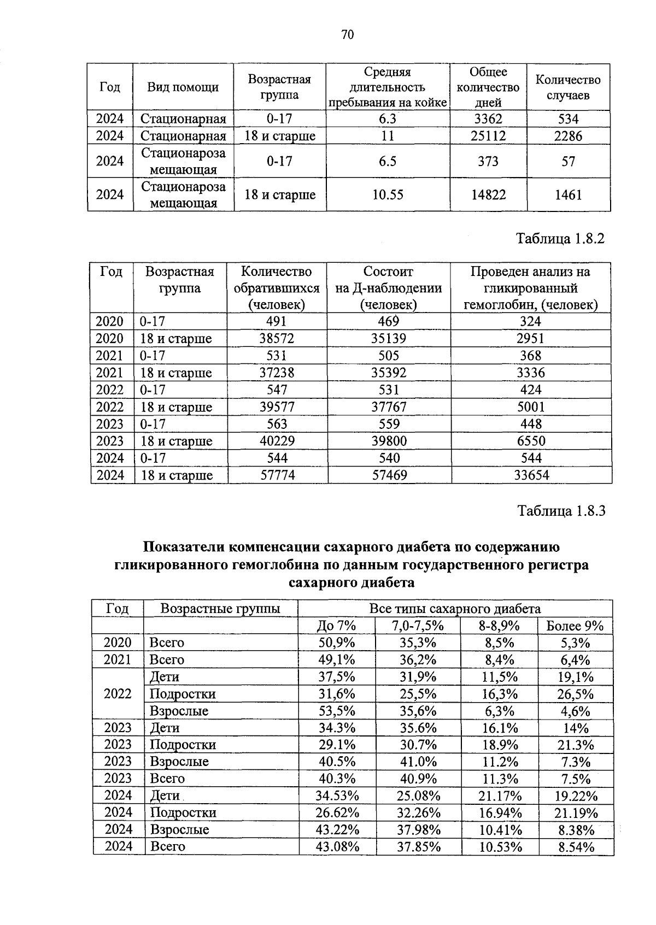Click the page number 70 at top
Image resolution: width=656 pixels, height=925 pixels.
click(x=348, y=35)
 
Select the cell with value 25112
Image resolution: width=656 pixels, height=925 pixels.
click(x=488, y=136)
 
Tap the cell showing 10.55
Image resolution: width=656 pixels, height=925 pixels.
click(x=388, y=195)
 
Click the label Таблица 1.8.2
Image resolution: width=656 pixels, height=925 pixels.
click(x=561, y=239)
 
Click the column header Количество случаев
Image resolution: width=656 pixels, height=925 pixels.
click(x=568, y=87)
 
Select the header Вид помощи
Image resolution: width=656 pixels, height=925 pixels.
click(x=183, y=87)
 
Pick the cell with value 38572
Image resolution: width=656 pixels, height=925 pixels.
click(x=277, y=338)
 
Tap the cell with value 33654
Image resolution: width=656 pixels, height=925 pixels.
click(x=531, y=475)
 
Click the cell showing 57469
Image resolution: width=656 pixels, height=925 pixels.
click(x=389, y=475)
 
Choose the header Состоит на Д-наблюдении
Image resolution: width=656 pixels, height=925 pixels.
click(x=388, y=288)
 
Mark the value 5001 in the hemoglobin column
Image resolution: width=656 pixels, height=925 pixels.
click(x=531, y=407)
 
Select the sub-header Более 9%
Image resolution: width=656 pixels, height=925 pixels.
click(x=575, y=626)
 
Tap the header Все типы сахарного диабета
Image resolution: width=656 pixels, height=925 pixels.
click(x=455, y=609)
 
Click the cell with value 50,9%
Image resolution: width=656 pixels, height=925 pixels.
click(x=337, y=643)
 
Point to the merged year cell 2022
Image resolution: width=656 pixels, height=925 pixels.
click(x=118, y=694)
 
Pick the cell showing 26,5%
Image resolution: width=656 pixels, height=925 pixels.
click(x=575, y=694)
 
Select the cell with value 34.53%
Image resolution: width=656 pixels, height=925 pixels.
click(x=337, y=796)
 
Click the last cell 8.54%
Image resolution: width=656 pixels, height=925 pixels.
click(x=576, y=846)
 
